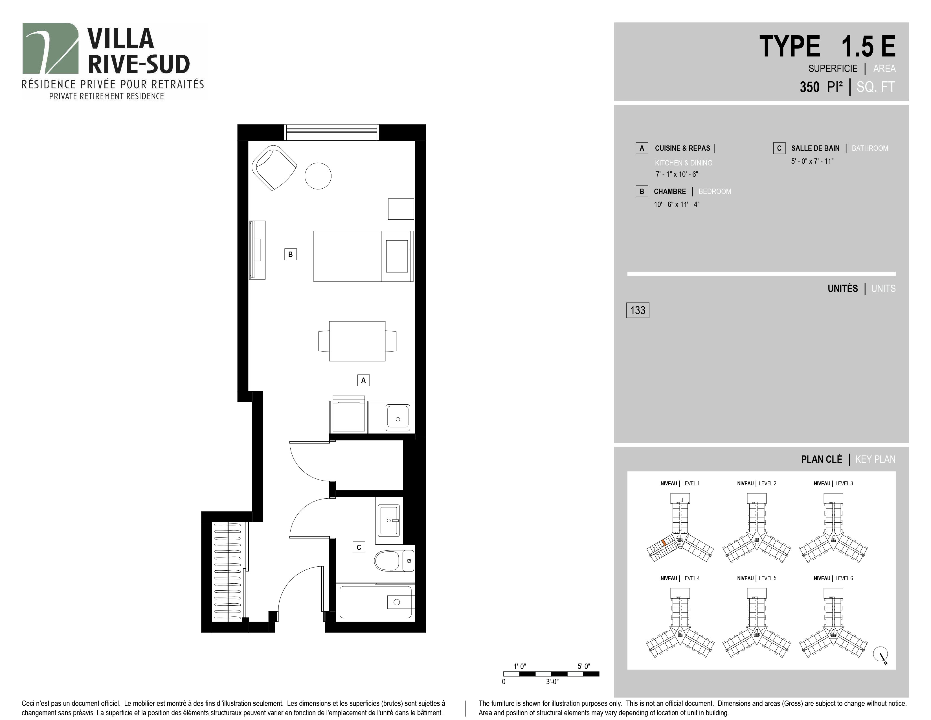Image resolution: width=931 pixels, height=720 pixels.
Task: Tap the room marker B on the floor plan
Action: point(290,254)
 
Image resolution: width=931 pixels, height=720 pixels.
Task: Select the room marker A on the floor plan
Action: point(363,380)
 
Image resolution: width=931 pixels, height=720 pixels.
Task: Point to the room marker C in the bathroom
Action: point(359,547)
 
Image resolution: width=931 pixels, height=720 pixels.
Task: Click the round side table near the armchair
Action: point(318,176)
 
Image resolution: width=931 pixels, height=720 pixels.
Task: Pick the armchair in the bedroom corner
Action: point(274,168)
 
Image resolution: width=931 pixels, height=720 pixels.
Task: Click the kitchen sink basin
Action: point(398,418)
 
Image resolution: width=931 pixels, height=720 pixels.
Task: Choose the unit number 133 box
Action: point(638,310)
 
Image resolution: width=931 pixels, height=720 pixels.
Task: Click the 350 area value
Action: point(809,87)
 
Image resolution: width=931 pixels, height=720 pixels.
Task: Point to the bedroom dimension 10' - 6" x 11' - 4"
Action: point(677,204)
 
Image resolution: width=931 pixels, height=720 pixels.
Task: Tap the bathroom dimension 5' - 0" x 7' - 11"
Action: point(812,161)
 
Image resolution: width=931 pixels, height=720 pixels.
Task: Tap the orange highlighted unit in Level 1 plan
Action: point(664,543)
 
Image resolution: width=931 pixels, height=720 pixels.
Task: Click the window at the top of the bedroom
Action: point(332,132)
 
